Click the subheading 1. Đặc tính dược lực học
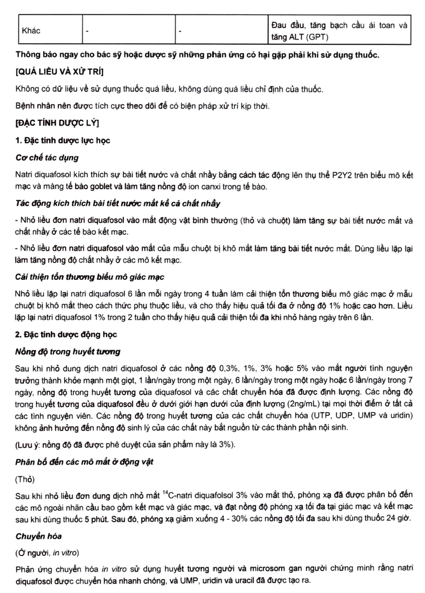click(x=63, y=140)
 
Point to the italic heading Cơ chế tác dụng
click(x=47, y=158)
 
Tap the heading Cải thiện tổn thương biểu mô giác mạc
click(x=89, y=277)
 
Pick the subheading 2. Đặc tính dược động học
click(x=66, y=334)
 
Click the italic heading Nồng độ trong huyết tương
click(x=68, y=352)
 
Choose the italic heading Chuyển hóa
click(x=39, y=536)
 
